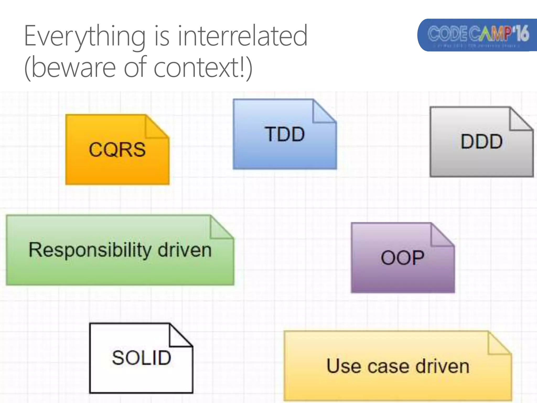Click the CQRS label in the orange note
117,150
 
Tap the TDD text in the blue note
285,134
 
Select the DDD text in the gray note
481,142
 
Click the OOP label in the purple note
402,258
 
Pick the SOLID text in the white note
141,358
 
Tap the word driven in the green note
184,250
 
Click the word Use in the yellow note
343,366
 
